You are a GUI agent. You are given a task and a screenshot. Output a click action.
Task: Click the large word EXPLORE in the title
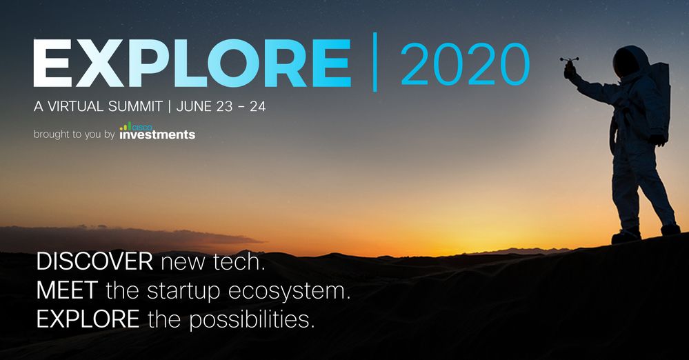coord(192,63)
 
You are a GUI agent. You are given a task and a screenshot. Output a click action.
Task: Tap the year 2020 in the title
coord(465,64)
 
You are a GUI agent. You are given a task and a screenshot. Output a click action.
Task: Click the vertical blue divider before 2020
coord(375,62)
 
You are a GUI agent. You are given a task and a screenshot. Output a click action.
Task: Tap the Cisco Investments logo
coord(157,131)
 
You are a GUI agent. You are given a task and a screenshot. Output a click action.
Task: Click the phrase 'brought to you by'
coord(74,134)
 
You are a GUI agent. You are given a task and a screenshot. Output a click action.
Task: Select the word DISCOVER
coord(94,261)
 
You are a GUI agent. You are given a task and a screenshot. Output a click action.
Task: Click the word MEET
coord(67,290)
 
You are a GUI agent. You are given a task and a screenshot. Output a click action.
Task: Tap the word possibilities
coord(252,319)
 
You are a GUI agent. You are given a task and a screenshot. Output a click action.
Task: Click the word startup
coord(183,292)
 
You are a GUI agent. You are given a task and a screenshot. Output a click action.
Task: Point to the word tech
coord(239,261)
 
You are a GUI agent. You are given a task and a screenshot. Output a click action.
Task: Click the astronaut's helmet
coord(630,61)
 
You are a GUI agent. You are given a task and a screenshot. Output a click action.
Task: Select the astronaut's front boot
coord(626,236)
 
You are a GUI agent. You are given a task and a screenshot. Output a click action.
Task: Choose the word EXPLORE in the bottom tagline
coord(88,319)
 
